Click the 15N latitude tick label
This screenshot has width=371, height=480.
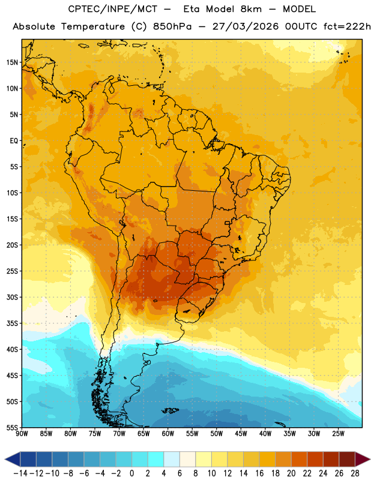(x=12, y=62)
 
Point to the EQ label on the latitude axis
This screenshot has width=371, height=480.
(x=14, y=141)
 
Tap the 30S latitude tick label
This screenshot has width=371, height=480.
(x=12, y=297)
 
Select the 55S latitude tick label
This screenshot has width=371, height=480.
(x=12, y=427)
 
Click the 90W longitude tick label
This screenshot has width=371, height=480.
(x=22, y=434)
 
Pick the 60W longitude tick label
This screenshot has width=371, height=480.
(x=168, y=434)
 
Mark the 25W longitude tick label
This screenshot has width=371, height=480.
(x=338, y=434)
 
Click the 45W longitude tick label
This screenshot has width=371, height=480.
(x=241, y=434)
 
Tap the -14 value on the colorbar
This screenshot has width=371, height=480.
(x=20, y=473)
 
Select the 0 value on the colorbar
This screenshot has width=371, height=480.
(x=131, y=473)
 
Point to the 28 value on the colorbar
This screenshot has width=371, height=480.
(x=355, y=473)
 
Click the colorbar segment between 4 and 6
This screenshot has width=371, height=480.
(x=172, y=459)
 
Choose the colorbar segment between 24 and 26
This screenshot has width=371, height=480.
(x=331, y=459)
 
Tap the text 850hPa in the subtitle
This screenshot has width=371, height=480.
(x=172, y=26)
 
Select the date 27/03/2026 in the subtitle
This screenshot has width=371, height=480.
(x=246, y=26)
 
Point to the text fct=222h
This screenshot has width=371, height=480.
(x=346, y=26)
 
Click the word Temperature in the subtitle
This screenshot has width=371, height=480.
(x=93, y=27)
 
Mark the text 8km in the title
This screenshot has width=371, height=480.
(x=251, y=9)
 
